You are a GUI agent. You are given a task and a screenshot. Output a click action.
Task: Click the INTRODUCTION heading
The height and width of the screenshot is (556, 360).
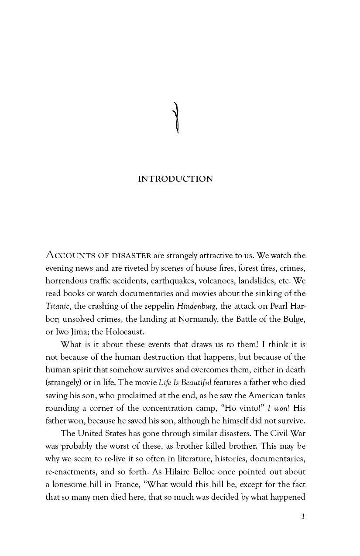click(x=175, y=179)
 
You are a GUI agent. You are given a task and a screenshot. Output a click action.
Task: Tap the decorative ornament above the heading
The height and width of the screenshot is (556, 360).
click(x=176, y=118)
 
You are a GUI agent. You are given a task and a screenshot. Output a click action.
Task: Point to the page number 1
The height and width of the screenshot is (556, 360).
click(x=303, y=516)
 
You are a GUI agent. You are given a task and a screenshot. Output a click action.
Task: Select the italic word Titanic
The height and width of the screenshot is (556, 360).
click(x=58, y=306)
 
